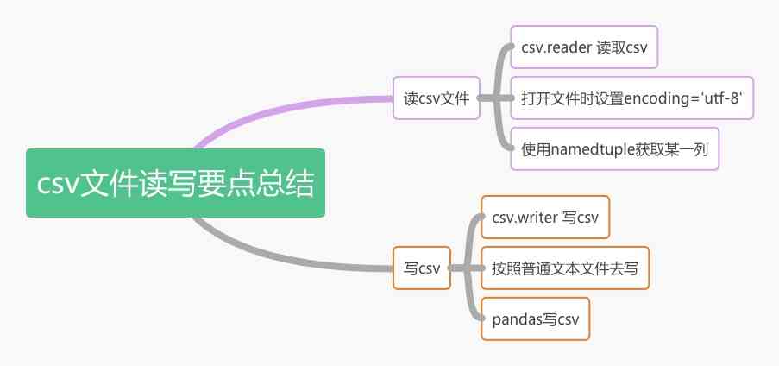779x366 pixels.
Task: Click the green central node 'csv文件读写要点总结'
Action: pos(175,183)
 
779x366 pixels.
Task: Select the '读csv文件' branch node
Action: pos(436,98)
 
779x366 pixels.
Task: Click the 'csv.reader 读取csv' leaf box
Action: pos(584,49)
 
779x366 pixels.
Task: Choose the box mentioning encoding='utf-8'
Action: pos(632,98)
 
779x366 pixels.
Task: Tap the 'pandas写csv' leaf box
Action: pos(535,319)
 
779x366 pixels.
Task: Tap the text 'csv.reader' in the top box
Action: pos(553,49)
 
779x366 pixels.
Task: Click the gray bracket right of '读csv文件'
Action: pos(497,98)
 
